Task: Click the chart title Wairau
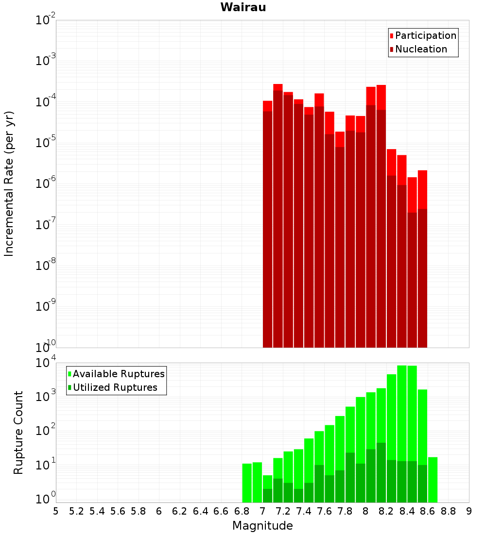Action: pos(243,7)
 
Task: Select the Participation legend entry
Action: pos(426,35)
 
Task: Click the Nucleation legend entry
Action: pos(421,49)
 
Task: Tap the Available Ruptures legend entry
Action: pos(119,374)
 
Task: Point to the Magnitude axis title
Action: pos(262,526)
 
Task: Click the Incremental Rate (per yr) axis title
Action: pos(9,184)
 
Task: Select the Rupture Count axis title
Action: pos(18,433)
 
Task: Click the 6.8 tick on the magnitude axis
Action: pos(242,511)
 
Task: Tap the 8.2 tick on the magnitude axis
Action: pos(386,511)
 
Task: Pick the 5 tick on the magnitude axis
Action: pos(56,511)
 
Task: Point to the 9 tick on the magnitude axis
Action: pos(469,511)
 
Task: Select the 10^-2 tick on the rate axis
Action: pos(45,20)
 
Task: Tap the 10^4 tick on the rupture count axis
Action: pos(45,363)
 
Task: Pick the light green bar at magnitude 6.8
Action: pos(247,483)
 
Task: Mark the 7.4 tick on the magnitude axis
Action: pos(304,511)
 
